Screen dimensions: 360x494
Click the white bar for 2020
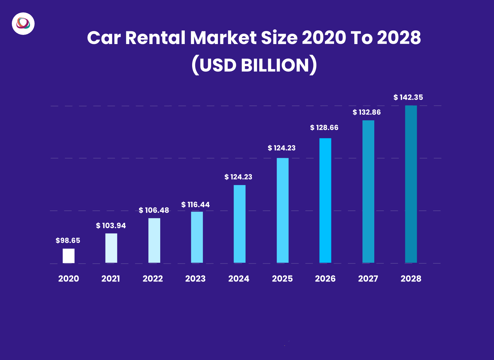pyautogui.click(x=69, y=256)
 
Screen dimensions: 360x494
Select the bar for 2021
pyautogui.click(x=111, y=248)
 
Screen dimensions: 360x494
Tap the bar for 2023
pyautogui.click(x=197, y=237)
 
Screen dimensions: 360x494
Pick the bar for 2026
pyautogui.click(x=325, y=200)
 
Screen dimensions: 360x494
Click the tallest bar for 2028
pyautogui.click(x=411, y=184)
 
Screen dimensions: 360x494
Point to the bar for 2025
pyautogui.click(x=283, y=210)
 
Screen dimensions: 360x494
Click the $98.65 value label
pyautogui.click(x=68, y=241)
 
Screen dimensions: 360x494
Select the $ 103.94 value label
pyautogui.click(x=111, y=226)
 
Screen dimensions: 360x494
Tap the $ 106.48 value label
pyautogui.click(x=154, y=210)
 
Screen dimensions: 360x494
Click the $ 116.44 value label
pyautogui.click(x=195, y=205)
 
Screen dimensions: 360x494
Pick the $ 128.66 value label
pyautogui.click(x=324, y=128)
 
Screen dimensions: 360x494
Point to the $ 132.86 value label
pyautogui.click(x=367, y=112)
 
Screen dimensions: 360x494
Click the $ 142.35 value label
pyautogui.click(x=408, y=98)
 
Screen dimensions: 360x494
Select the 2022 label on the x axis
pyautogui.click(x=153, y=279)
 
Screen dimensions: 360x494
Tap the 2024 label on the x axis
pyautogui.click(x=239, y=279)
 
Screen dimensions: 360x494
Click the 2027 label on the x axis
pyautogui.click(x=368, y=279)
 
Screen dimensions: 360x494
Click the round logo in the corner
pyautogui.click(x=23, y=24)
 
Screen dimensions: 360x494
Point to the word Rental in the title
pyautogui.click(x=155, y=38)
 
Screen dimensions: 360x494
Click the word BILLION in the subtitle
pyautogui.click(x=275, y=65)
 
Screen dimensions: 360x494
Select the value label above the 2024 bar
pyautogui.click(x=238, y=177)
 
